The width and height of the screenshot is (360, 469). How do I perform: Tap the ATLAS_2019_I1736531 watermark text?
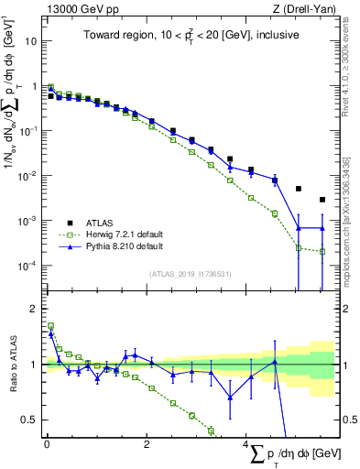point(191,273)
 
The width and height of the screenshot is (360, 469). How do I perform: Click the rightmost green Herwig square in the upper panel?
point(322,251)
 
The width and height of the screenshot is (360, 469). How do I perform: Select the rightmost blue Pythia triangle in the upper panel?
point(322,227)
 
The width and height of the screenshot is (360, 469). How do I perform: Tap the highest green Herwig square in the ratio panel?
point(50,325)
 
